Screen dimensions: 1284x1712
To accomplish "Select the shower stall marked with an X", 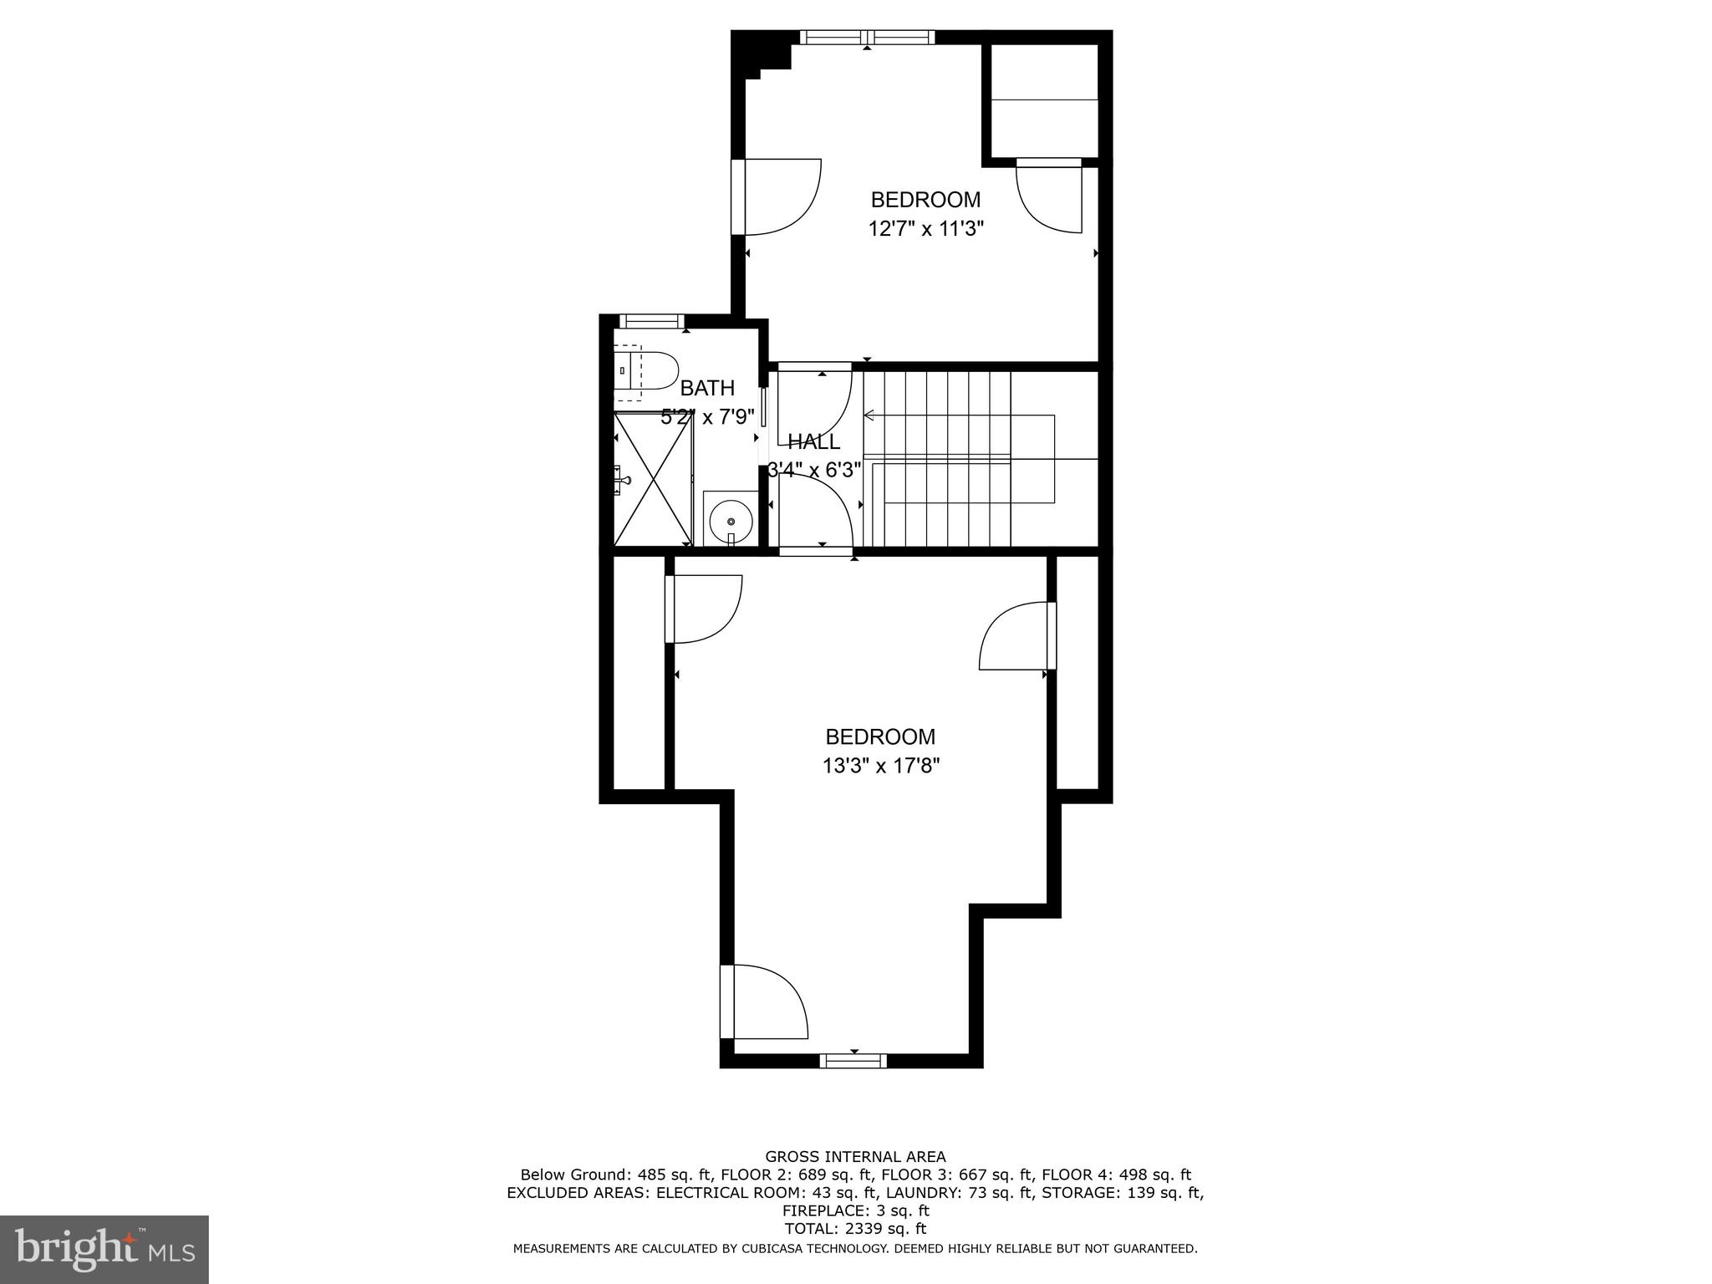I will coord(654,478).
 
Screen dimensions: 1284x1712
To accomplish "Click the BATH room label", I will coord(707,388).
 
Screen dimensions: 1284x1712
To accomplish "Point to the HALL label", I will coord(813,442).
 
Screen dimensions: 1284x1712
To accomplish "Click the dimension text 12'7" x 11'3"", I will coord(925,228).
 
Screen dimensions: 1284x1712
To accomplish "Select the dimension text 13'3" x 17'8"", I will coord(881,766).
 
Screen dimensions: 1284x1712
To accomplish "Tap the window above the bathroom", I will coord(651,320).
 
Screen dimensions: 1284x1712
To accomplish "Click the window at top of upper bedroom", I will coord(867,37).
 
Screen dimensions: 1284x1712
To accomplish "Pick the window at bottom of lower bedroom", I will coord(853,1061).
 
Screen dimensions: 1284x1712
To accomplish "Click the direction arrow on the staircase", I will coord(869,415).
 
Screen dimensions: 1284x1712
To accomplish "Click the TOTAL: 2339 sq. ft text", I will coord(855,1229).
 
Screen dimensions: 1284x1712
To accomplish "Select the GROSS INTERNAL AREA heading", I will coord(855,1157).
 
